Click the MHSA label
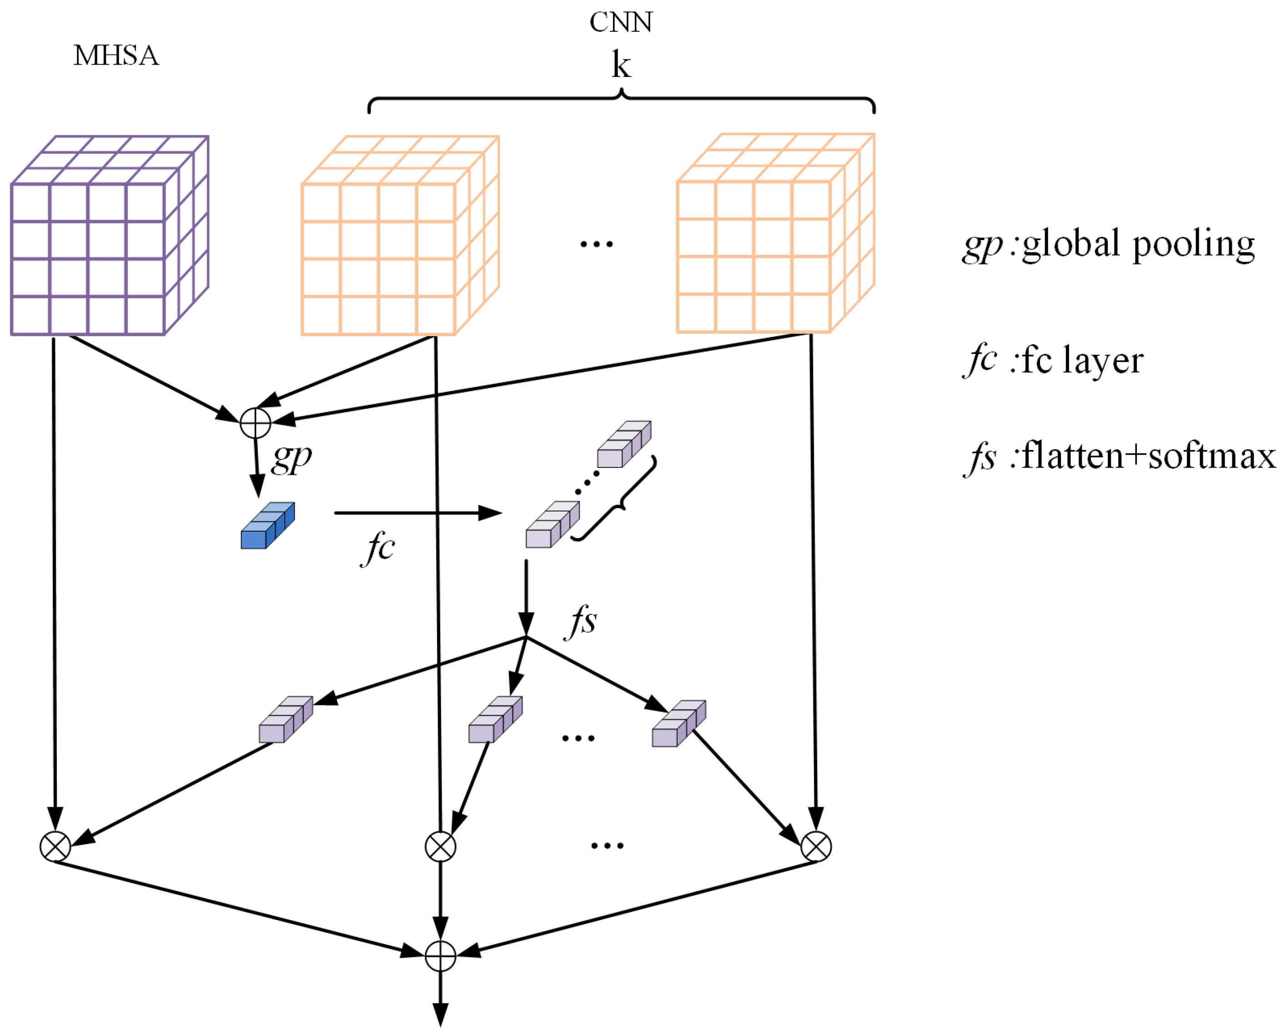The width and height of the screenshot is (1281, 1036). (116, 55)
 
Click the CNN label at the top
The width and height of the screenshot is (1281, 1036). (621, 23)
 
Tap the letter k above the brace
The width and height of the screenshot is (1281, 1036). (621, 65)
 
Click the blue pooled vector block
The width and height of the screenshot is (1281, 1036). (267, 525)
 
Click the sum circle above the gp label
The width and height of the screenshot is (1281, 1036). (256, 423)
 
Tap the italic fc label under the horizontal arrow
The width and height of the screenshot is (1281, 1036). (378, 548)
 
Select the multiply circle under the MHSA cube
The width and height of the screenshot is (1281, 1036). (55, 846)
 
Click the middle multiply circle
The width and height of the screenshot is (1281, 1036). (440, 846)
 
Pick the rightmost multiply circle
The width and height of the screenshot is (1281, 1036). (816, 846)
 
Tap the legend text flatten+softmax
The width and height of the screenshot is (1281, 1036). (1149, 457)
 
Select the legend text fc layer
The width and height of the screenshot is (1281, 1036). (1082, 361)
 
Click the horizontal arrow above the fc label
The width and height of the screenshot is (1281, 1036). (417, 513)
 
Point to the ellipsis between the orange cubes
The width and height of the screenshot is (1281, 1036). (596, 244)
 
